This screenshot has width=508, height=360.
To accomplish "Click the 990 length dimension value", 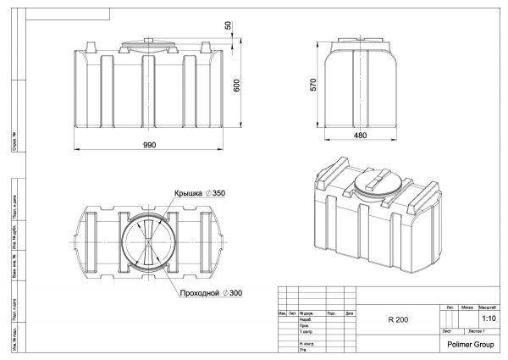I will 149,145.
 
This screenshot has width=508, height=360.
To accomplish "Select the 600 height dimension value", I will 238,86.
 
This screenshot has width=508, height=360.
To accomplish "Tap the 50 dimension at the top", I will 229,25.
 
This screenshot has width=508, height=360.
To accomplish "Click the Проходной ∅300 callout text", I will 211,293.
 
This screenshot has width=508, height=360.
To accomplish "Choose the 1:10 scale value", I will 489,318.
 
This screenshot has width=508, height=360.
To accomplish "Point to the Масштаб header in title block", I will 489,306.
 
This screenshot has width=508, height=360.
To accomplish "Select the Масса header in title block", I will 467,306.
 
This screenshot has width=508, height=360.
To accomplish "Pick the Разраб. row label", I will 303,319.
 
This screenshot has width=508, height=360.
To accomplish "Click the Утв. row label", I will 302,351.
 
